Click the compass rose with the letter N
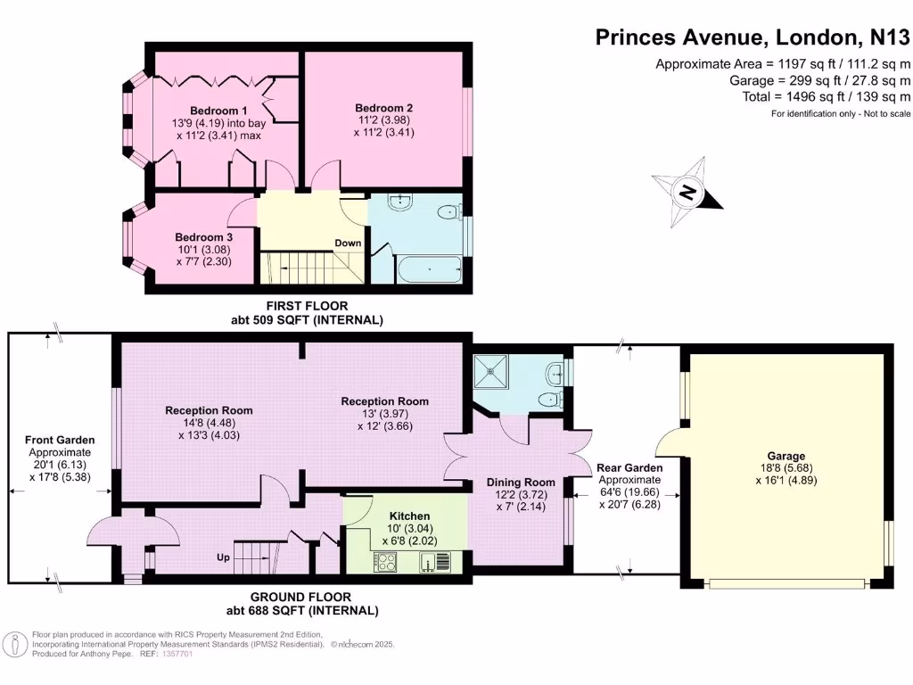click(x=687, y=191)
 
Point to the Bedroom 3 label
click(x=203, y=237)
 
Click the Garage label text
click(x=786, y=456)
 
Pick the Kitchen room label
click(x=410, y=516)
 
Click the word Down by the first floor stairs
click(x=348, y=243)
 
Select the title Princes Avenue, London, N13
click(x=753, y=37)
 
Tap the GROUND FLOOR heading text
click(x=312, y=598)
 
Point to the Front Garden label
click(x=60, y=440)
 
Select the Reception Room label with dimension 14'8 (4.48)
click(x=209, y=410)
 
